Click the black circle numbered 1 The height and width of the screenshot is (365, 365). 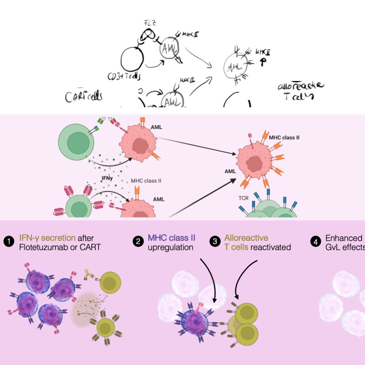coord(8,241)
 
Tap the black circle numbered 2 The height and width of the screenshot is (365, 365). coord(137,241)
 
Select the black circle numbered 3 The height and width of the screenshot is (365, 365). coord(215,241)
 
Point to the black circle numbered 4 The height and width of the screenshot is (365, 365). coord(316,241)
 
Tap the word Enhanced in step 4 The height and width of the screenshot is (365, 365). coord(344,238)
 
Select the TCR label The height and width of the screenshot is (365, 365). coord(243,198)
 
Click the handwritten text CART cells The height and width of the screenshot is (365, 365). coord(83,97)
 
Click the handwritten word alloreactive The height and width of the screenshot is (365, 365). coord(301,86)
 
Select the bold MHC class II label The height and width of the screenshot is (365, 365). coord(284,137)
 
